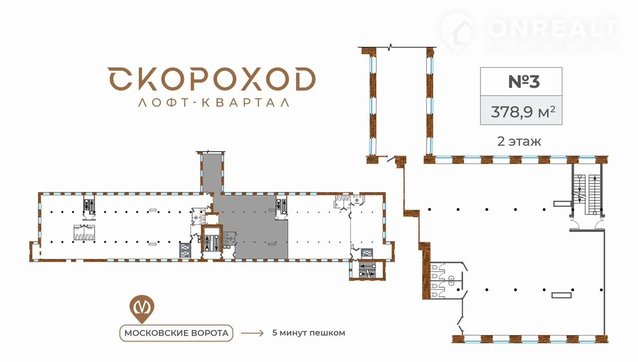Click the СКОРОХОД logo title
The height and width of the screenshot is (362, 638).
pyautogui.click(x=212, y=79)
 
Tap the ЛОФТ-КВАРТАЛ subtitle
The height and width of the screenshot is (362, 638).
pyautogui.click(x=214, y=103)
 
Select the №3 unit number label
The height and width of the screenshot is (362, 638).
pyautogui.click(x=524, y=81)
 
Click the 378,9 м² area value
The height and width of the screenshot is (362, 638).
pyautogui.click(x=523, y=112)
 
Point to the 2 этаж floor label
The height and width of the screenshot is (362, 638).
pyautogui.click(x=519, y=142)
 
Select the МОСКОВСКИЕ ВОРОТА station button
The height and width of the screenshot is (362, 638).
pyautogui.click(x=176, y=333)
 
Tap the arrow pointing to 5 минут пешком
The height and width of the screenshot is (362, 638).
pyautogui.click(x=252, y=333)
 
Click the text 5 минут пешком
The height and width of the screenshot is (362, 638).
pyautogui.click(x=309, y=333)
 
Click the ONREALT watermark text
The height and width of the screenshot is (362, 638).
pyautogui.click(x=553, y=28)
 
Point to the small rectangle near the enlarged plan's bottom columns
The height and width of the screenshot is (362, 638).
pyautogui.click(x=561, y=295)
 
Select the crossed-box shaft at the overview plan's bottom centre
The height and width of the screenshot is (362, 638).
pyautogui.click(x=185, y=251)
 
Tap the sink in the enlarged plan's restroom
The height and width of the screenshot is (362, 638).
pyautogui.click(x=452, y=280)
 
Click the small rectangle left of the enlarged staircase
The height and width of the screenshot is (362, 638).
pyautogui.click(x=563, y=203)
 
